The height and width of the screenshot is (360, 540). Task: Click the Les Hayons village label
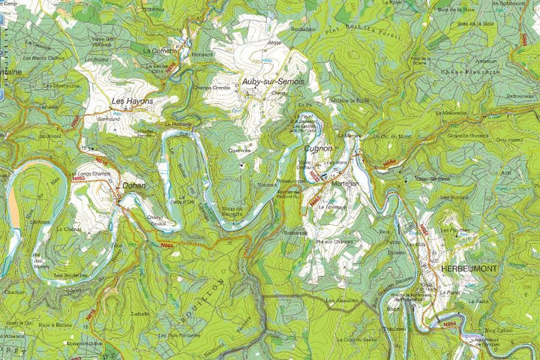132,100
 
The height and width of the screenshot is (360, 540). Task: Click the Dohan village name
133,185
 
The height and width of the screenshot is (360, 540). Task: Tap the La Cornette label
159,50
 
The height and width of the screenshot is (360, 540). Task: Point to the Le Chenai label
68,229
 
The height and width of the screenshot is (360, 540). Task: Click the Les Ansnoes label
340,301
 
